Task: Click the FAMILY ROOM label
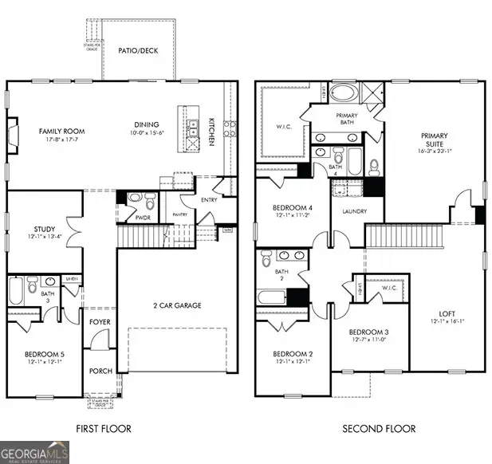[x=62, y=132]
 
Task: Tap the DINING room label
[x=146, y=124]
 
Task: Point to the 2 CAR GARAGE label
[x=176, y=305]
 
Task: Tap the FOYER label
[x=100, y=322]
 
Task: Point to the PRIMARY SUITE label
[x=435, y=136]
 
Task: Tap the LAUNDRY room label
[x=353, y=212]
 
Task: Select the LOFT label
[x=447, y=314]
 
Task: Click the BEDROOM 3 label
[x=369, y=332]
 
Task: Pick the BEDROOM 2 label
[x=292, y=354]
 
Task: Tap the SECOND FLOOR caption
[x=379, y=429]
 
